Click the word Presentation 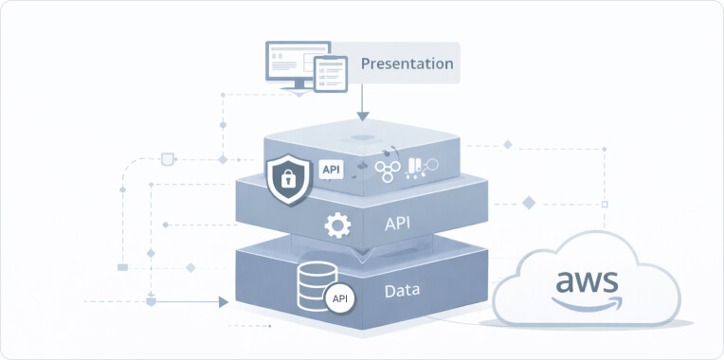(407, 64)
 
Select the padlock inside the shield (289, 178)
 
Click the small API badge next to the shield (331, 169)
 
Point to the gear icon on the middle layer (336, 225)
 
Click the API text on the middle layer (397, 225)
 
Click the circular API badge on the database (338, 298)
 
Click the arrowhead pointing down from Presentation (362, 116)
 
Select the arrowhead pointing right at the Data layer (224, 302)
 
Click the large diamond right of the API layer (529, 202)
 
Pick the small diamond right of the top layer (508, 145)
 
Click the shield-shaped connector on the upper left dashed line (169, 157)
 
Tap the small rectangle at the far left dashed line (122, 268)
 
